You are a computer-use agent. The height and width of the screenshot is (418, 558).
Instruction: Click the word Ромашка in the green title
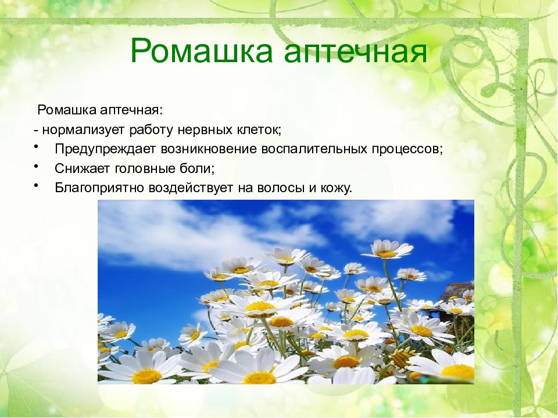pyautogui.click(x=202, y=51)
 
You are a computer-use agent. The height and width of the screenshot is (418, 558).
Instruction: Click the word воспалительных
pyautogui.click(x=314, y=149)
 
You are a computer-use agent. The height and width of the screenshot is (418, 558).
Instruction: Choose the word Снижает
pyautogui.click(x=82, y=168)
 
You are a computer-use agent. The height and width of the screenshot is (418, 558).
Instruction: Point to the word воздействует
pyautogui.click(x=191, y=188)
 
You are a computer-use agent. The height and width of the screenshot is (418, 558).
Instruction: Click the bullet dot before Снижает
pyautogui.click(x=36, y=165)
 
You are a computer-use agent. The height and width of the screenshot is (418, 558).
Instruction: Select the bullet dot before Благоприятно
pyautogui.click(x=36, y=185)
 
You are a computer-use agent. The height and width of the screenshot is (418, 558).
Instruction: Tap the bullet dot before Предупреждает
pyautogui.click(x=36, y=146)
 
